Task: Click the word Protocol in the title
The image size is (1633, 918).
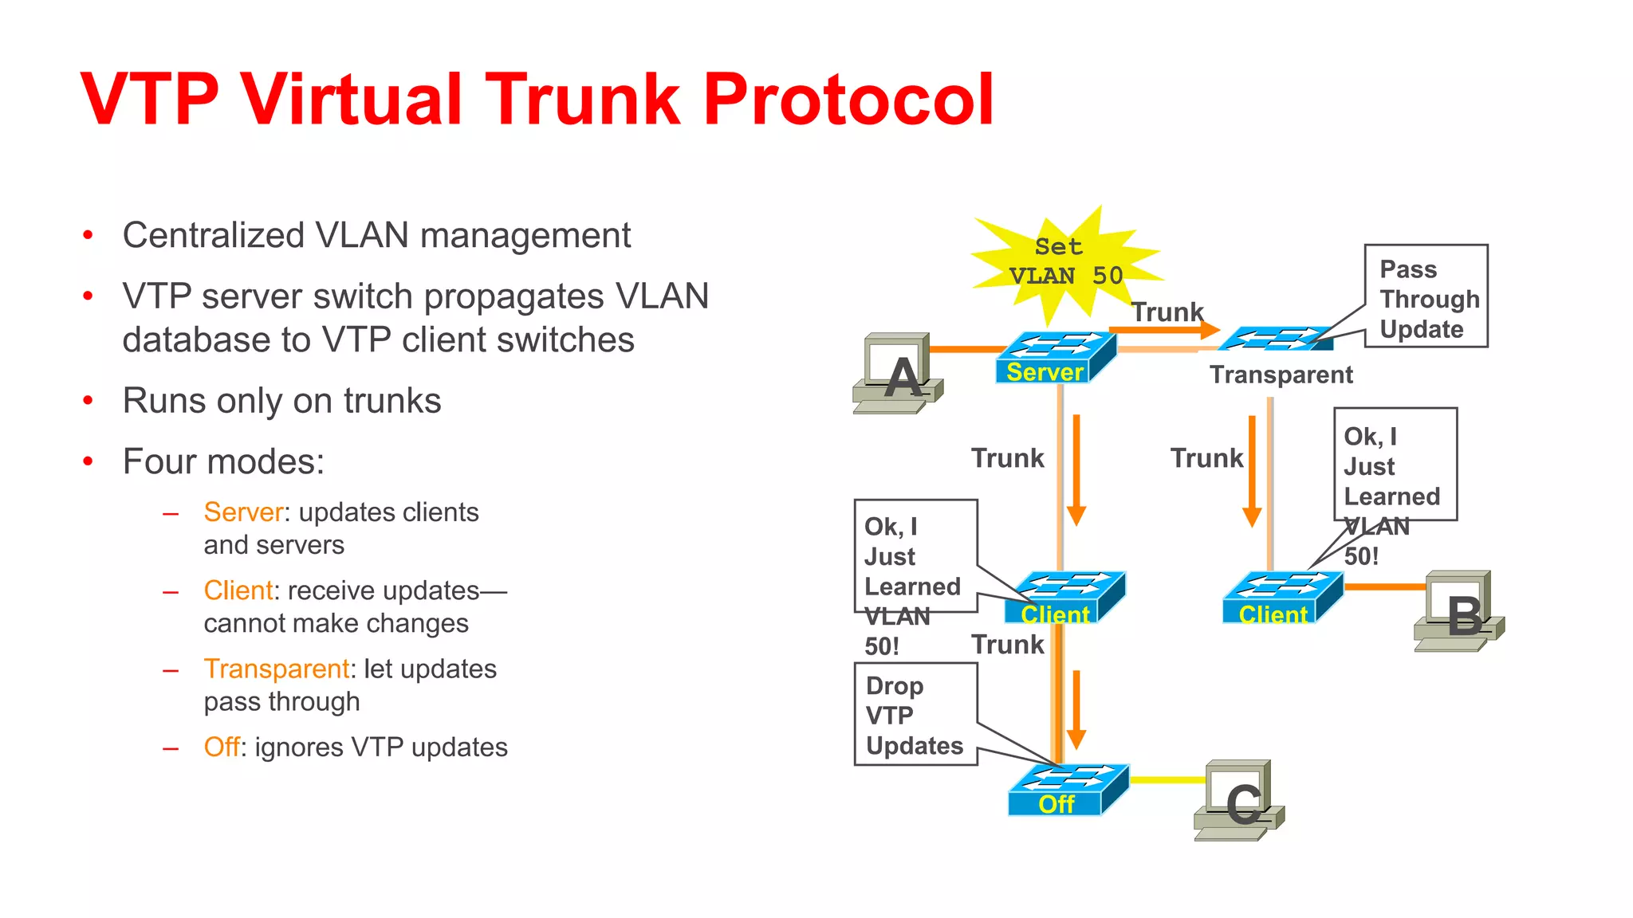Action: (848, 100)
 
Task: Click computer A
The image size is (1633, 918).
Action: (898, 373)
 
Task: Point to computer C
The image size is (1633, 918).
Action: (1238, 800)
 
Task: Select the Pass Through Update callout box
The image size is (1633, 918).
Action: (1426, 296)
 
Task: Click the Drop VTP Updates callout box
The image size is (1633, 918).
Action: (915, 714)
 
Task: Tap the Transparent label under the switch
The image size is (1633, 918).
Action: (1281, 375)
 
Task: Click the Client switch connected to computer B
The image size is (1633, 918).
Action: (1281, 598)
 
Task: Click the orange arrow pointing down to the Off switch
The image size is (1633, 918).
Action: (1076, 709)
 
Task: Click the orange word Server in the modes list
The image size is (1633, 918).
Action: (243, 512)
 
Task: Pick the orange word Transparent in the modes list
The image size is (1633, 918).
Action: (276, 669)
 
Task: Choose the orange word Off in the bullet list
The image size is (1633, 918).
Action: (221, 747)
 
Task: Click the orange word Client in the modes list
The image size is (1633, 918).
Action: (238, 590)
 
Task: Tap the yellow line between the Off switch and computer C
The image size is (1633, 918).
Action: (1167, 780)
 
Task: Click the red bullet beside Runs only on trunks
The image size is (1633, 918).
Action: (89, 400)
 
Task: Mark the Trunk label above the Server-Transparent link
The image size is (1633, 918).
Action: (1167, 312)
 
